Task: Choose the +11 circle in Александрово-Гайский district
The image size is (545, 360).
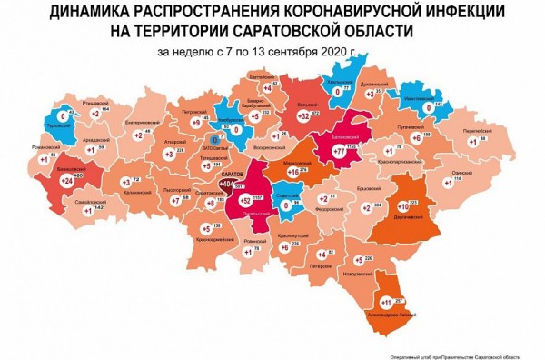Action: coord(385,301)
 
